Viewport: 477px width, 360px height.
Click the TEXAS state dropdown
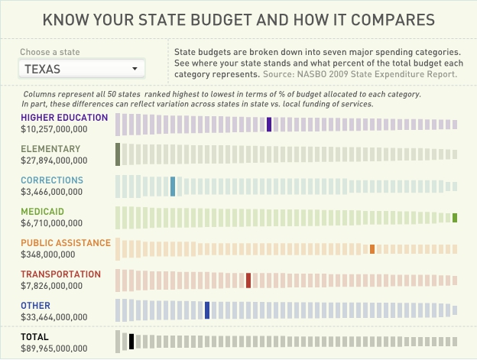click(x=81, y=69)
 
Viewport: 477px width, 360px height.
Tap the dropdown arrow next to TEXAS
click(x=135, y=69)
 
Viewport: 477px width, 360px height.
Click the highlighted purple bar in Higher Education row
click(x=269, y=124)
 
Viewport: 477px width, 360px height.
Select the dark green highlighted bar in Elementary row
click(x=118, y=154)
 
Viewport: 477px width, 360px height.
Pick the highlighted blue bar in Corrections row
click(x=173, y=186)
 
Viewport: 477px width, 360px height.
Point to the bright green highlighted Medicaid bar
click(x=455, y=218)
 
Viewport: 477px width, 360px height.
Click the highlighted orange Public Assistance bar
click(x=372, y=249)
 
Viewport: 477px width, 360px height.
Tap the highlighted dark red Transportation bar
click(x=248, y=280)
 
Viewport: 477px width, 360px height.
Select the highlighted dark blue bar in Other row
click(x=207, y=310)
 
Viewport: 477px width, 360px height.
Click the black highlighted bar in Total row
click(x=131, y=342)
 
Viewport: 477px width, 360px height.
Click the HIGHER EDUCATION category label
click(x=64, y=118)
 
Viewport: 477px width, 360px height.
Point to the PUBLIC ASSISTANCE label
click(x=66, y=243)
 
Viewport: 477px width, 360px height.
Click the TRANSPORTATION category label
click(x=60, y=274)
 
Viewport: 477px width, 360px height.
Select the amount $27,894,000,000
click(x=54, y=161)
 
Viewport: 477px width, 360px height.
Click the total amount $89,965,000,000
click(x=54, y=349)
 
